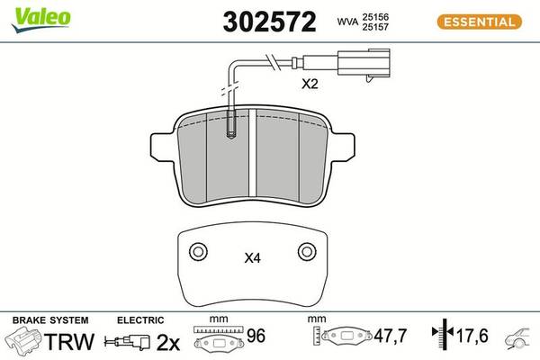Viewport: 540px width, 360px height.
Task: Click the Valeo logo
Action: pyautogui.click(x=41, y=19)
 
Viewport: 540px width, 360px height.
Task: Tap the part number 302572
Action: pyautogui.click(x=269, y=22)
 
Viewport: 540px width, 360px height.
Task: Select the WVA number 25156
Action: pyautogui.click(x=375, y=17)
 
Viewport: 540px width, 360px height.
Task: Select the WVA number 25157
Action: pyautogui.click(x=375, y=27)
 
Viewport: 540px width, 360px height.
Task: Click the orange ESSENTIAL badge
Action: pyautogui.click(x=480, y=22)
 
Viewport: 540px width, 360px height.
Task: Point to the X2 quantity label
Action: pyautogui.click(x=310, y=84)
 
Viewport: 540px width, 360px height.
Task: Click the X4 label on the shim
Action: pyautogui.click(x=252, y=258)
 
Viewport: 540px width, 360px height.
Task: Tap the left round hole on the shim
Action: pyautogui.click(x=198, y=251)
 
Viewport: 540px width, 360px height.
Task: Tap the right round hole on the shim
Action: pyautogui.click(x=307, y=251)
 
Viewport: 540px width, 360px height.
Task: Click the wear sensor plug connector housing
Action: pyautogui.click(x=364, y=63)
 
